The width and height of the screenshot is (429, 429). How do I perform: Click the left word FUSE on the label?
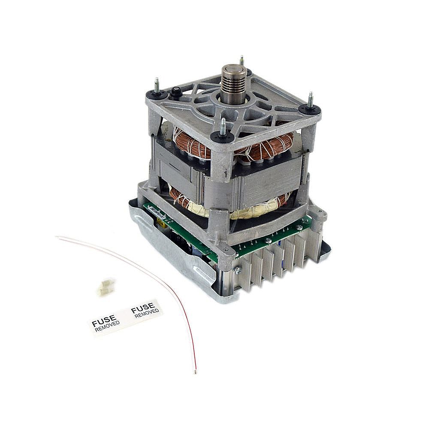coord(104,320)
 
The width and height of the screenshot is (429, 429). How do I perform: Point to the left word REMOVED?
coord(107,326)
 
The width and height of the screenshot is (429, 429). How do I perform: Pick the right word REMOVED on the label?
coord(147,313)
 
